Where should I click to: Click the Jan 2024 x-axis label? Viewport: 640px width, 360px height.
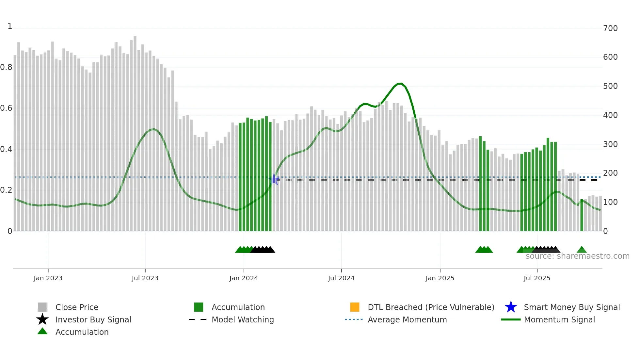coord(244,278)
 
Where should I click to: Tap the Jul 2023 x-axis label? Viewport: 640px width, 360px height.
coord(145,278)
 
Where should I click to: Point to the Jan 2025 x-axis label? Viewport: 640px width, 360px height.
coord(440,278)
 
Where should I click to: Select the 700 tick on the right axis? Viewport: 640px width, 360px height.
coord(610,28)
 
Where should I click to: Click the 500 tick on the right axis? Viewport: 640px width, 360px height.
coord(610,86)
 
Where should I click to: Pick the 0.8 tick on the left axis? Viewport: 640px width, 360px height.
coord(6,67)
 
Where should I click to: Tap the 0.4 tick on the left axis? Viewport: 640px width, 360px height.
coord(6,149)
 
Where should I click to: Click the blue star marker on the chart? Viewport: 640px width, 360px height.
coord(274,179)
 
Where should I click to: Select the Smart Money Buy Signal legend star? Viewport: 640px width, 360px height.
coord(511,307)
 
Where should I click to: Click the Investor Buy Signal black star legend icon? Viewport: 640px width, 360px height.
coord(42,319)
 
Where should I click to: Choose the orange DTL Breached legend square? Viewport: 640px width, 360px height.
coord(355,307)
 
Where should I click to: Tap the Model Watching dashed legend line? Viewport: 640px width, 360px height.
coord(198,319)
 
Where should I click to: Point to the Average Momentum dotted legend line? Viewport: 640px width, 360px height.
coord(354,319)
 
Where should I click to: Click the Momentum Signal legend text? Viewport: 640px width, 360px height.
coord(559,319)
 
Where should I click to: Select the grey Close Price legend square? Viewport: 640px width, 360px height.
coord(42,307)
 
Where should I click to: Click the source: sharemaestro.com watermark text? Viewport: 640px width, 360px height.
coord(577,256)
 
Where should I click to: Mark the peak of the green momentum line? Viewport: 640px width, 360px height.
coord(400,84)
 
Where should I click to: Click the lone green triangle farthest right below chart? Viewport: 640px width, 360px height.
coord(582,250)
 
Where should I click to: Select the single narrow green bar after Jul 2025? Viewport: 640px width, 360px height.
coord(582,216)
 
